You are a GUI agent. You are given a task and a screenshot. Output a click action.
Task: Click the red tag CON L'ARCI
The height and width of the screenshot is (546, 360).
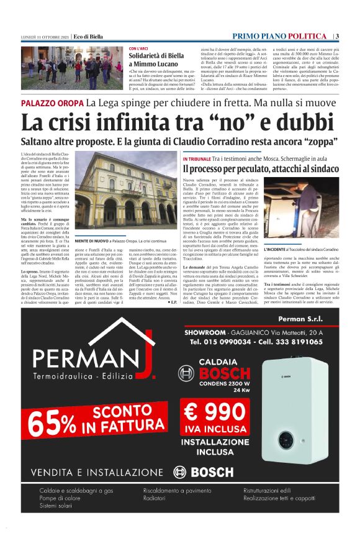coord(138,48)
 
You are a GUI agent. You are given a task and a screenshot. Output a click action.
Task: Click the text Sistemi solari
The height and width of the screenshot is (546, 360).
coord(55,506)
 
